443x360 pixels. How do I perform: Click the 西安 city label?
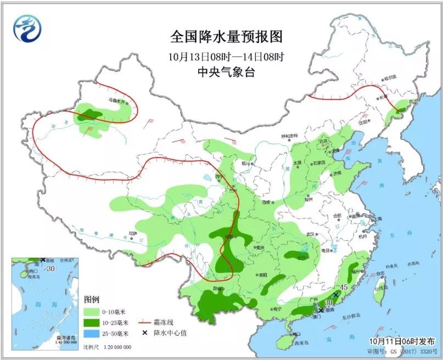click(x=267, y=202)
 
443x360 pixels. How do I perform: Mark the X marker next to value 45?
click(x=336, y=295)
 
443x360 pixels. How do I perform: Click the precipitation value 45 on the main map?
click(x=344, y=288)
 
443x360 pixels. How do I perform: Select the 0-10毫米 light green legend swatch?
click(x=92, y=312)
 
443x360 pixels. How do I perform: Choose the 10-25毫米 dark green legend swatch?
click(x=92, y=322)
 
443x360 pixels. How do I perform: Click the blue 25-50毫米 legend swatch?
click(x=92, y=333)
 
